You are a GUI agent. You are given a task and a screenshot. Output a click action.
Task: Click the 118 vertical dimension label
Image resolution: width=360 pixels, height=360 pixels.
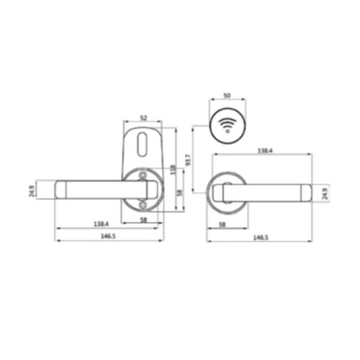click(x=172, y=170)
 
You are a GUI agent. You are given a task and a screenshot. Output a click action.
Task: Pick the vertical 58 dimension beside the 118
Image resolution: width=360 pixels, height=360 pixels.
click(x=179, y=193)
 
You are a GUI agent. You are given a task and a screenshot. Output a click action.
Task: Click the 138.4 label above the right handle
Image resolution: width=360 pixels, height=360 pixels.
click(x=264, y=152)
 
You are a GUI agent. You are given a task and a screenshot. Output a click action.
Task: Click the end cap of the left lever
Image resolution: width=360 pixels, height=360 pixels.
click(x=61, y=190)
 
